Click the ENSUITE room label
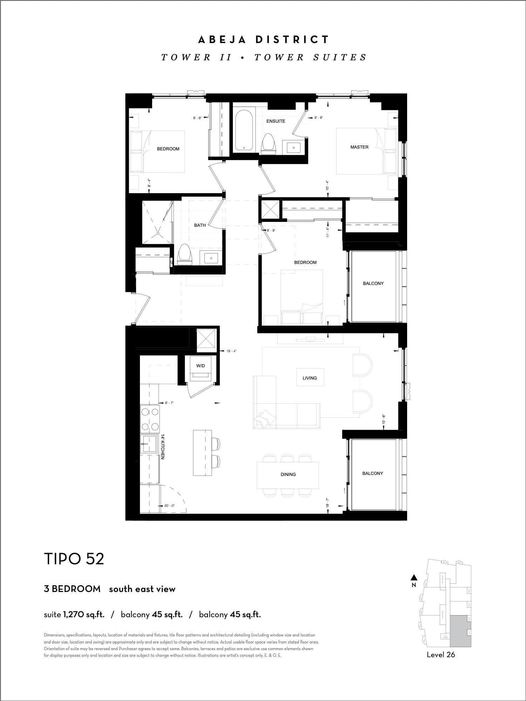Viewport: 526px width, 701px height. point(276,121)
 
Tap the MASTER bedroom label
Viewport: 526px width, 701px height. point(359,147)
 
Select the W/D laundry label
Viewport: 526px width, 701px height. point(201,366)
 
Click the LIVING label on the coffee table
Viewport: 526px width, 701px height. point(310,378)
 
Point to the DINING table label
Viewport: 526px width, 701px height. point(288,475)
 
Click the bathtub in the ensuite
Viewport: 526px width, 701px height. point(244,130)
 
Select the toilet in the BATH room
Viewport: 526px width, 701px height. point(185,254)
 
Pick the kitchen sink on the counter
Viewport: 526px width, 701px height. point(149,444)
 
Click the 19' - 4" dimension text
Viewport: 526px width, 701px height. point(231,351)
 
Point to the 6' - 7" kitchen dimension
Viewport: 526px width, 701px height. point(169,403)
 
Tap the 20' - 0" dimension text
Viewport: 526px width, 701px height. point(169,506)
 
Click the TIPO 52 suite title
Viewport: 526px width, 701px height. point(74,559)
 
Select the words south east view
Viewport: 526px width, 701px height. point(142,589)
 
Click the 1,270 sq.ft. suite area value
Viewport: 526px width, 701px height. point(84,614)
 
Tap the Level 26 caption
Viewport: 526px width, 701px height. point(441,655)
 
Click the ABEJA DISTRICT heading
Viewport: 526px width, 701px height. point(263,40)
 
